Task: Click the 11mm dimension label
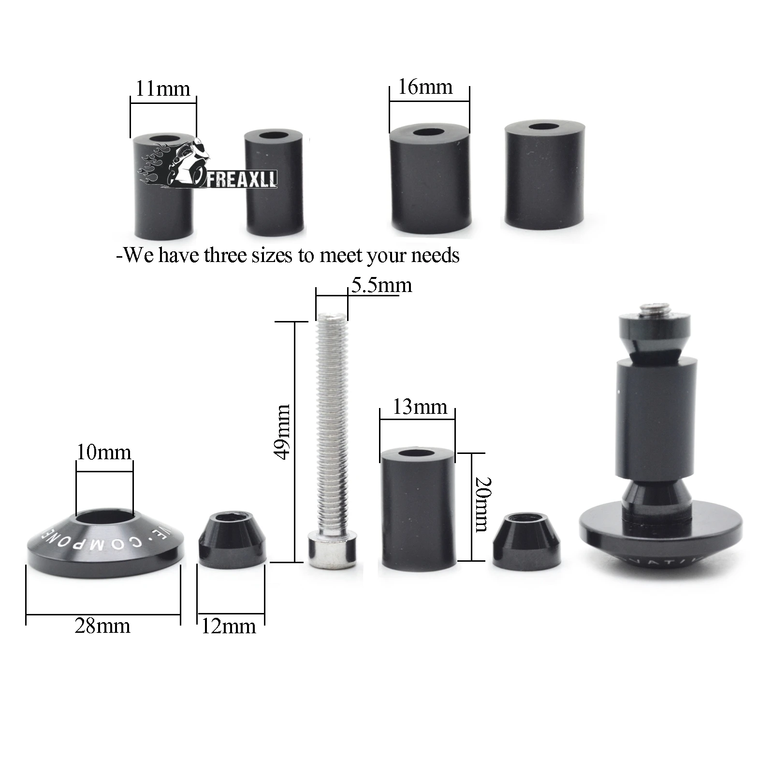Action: pos(163,89)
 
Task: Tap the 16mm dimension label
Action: pos(425,87)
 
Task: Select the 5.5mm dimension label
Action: pos(381,285)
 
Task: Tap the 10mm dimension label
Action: pos(104,452)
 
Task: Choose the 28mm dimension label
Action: pos(102,626)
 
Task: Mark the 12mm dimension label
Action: pos(228,627)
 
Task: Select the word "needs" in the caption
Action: pos(435,255)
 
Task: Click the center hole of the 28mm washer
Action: pos(104,518)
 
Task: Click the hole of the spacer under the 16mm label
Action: pos(428,132)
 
